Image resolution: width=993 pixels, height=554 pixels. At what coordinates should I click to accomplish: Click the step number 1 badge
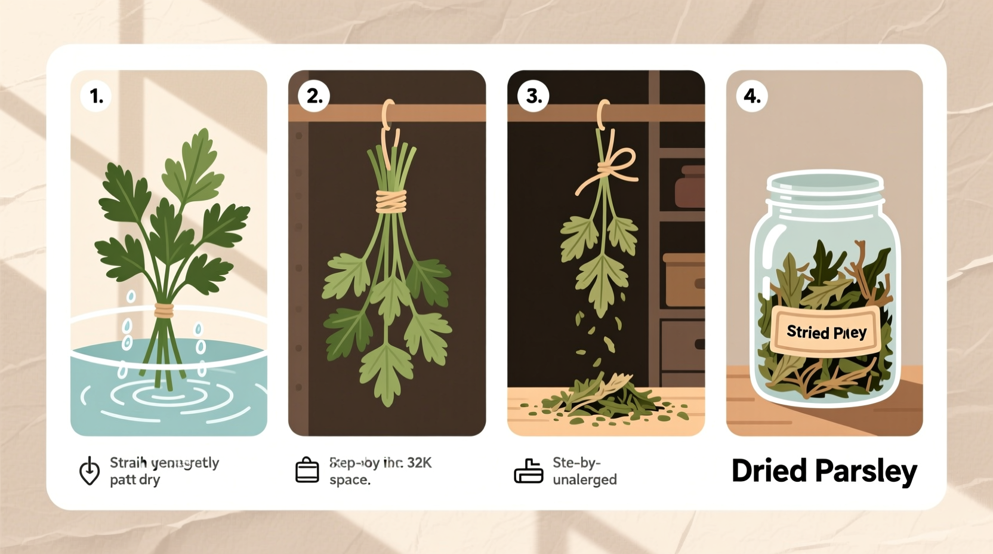[x=96, y=96]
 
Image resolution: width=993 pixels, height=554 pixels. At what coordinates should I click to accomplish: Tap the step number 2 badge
[x=314, y=96]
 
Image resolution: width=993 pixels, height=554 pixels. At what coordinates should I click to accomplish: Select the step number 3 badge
[x=533, y=96]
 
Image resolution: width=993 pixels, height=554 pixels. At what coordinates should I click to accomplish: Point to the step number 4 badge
[x=752, y=96]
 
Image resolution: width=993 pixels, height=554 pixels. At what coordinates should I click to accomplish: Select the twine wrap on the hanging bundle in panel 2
[x=391, y=201]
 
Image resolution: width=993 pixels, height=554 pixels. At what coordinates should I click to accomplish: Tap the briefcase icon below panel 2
[x=307, y=470]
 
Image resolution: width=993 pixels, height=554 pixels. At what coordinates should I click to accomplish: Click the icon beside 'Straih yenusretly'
[x=90, y=471]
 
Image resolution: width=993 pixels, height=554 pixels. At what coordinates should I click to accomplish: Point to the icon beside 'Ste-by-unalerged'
[x=528, y=471]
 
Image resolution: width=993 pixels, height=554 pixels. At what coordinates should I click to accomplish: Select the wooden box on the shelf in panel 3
[x=684, y=279]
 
